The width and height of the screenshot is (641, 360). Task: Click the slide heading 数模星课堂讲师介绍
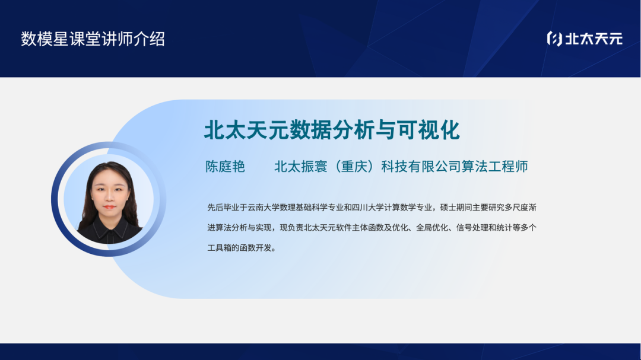(93, 39)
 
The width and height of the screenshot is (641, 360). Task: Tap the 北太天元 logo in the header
(585, 39)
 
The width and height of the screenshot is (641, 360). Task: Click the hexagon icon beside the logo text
(554, 39)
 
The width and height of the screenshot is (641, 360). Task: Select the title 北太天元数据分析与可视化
(332, 130)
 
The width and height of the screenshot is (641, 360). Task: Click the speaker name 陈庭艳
(226, 167)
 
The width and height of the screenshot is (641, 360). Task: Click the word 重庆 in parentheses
(354, 167)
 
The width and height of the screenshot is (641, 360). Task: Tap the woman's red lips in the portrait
(109, 206)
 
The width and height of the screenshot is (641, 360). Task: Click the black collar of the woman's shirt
(109, 225)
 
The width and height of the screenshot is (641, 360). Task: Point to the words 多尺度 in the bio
(516, 208)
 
